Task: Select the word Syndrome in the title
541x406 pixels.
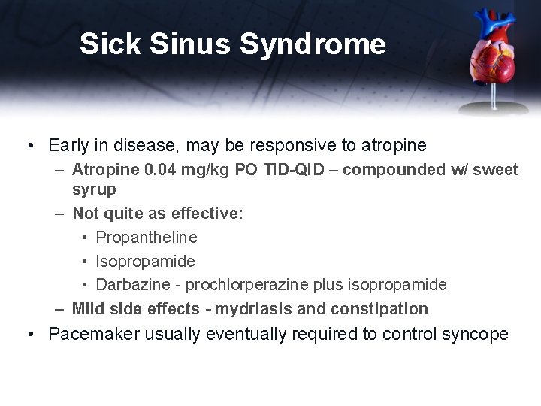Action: [x=313, y=44]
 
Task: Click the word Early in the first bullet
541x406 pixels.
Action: [x=68, y=144]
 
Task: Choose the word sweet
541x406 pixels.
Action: [x=496, y=171]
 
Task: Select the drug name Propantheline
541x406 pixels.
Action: [x=147, y=238]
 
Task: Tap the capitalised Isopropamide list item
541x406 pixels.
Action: [x=145, y=261]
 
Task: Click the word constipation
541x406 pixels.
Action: [x=383, y=308]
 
